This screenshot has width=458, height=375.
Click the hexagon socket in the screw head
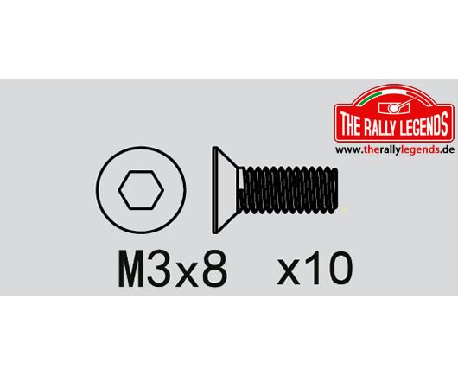[x=141, y=190]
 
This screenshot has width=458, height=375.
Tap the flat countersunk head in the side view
[x=225, y=190]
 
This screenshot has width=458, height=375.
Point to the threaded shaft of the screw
[x=288, y=190]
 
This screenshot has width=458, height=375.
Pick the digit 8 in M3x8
[x=214, y=269]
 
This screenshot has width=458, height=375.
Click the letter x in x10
[x=289, y=272]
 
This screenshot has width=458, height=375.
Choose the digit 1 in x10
[x=313, y=268]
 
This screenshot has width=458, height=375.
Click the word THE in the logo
[x=350, y=125]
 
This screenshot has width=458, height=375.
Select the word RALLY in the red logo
[x=381, y=125]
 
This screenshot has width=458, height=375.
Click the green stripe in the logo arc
[x=371, y=98]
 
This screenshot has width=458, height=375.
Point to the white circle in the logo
[x=394, y=109]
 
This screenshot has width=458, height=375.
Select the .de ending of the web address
[x=447, y=149]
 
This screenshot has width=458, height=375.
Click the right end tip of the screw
[x=338, y=190]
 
